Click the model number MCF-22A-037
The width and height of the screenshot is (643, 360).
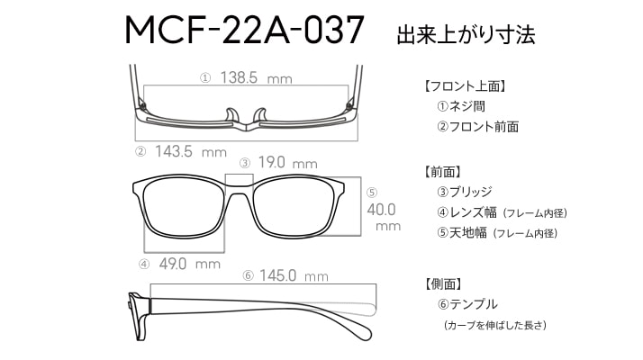pyautogui.click(x=244, y=30)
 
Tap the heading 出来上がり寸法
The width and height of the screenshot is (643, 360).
pyautogui.click(x=466, y=34)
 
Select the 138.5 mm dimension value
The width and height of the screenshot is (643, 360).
pyautogui.click(x=257, y=77)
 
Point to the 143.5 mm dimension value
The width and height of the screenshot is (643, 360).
pyautogui.click(x=191, y=152)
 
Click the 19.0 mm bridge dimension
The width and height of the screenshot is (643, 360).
pyautogui.click(x=288, y=163)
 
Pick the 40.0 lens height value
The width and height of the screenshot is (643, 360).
pyautogui.click(x=381, y=210)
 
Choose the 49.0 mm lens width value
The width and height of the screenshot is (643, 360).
pyautogui.click(x=190, y=264)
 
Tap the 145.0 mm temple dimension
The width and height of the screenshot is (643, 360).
pyautogui.click(x=294, y=275)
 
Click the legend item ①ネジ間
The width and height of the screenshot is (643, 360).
pyautogui.click(x=461, y=106)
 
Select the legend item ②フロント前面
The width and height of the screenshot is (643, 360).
pyautogui.click(x=477, y=127)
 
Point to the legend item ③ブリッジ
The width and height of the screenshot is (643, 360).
pyautogui.click(x=464, y=192)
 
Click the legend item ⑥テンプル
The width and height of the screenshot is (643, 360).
pyautogui.click(x=467, y=304)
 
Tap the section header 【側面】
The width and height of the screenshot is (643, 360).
pyautogui.click(x=443, y=283)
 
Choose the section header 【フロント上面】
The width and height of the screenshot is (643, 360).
pyautogui.click(x=466, y=86)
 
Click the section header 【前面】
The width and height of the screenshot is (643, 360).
pyautogui.click(x=443, y=171)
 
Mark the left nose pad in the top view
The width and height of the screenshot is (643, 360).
pyautogui.click(x=232, y=115)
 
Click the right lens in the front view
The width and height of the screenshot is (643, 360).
pyautogui.click(x=298, y=207)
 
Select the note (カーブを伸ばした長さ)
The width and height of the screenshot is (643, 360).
pyautogui.click(x=495, y=326)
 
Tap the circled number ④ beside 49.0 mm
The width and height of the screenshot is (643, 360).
pyautogui.click(x=144, y=265)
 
